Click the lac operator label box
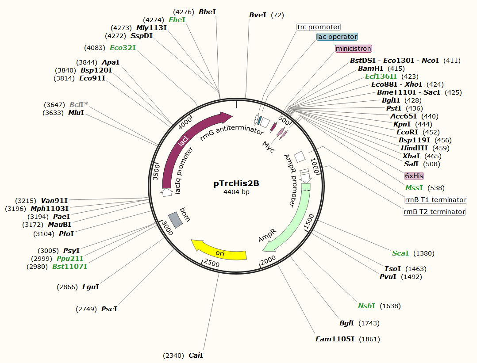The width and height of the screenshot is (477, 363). [x=337, y=37]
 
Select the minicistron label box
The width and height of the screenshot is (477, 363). [x=354, y=48]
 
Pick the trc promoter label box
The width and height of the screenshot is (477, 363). [x=319, y=27]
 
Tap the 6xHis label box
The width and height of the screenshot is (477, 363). [x=414, y=176]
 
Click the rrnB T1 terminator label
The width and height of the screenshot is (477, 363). [x=435, y=200]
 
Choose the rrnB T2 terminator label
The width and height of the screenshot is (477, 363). [x=435, y=212]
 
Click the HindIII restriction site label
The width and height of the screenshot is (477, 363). [x=415, y=148]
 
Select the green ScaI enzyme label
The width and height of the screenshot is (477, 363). [x=400, y=253]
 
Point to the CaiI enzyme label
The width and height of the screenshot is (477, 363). [x=196, y=355]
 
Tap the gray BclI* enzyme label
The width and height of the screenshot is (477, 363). [x=78, y=105]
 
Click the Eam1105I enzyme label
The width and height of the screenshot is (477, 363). [x=335, y=339]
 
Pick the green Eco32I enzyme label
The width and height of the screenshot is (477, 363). [x=123, y=48]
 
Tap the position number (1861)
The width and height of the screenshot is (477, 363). [x=369, y=339]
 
